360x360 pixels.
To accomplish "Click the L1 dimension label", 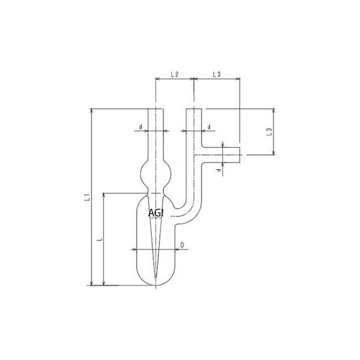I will point(86,196).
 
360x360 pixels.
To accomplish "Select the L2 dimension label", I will point(174,75).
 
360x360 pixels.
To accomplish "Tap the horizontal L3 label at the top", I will point(217,75).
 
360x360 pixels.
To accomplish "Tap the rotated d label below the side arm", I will point(219,170).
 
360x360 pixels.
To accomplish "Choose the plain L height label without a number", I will point(100,239).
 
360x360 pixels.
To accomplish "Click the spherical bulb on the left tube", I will point(155,175).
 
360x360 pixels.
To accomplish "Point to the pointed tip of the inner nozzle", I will point(155,277).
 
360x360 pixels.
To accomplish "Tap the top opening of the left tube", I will point(155,109).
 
